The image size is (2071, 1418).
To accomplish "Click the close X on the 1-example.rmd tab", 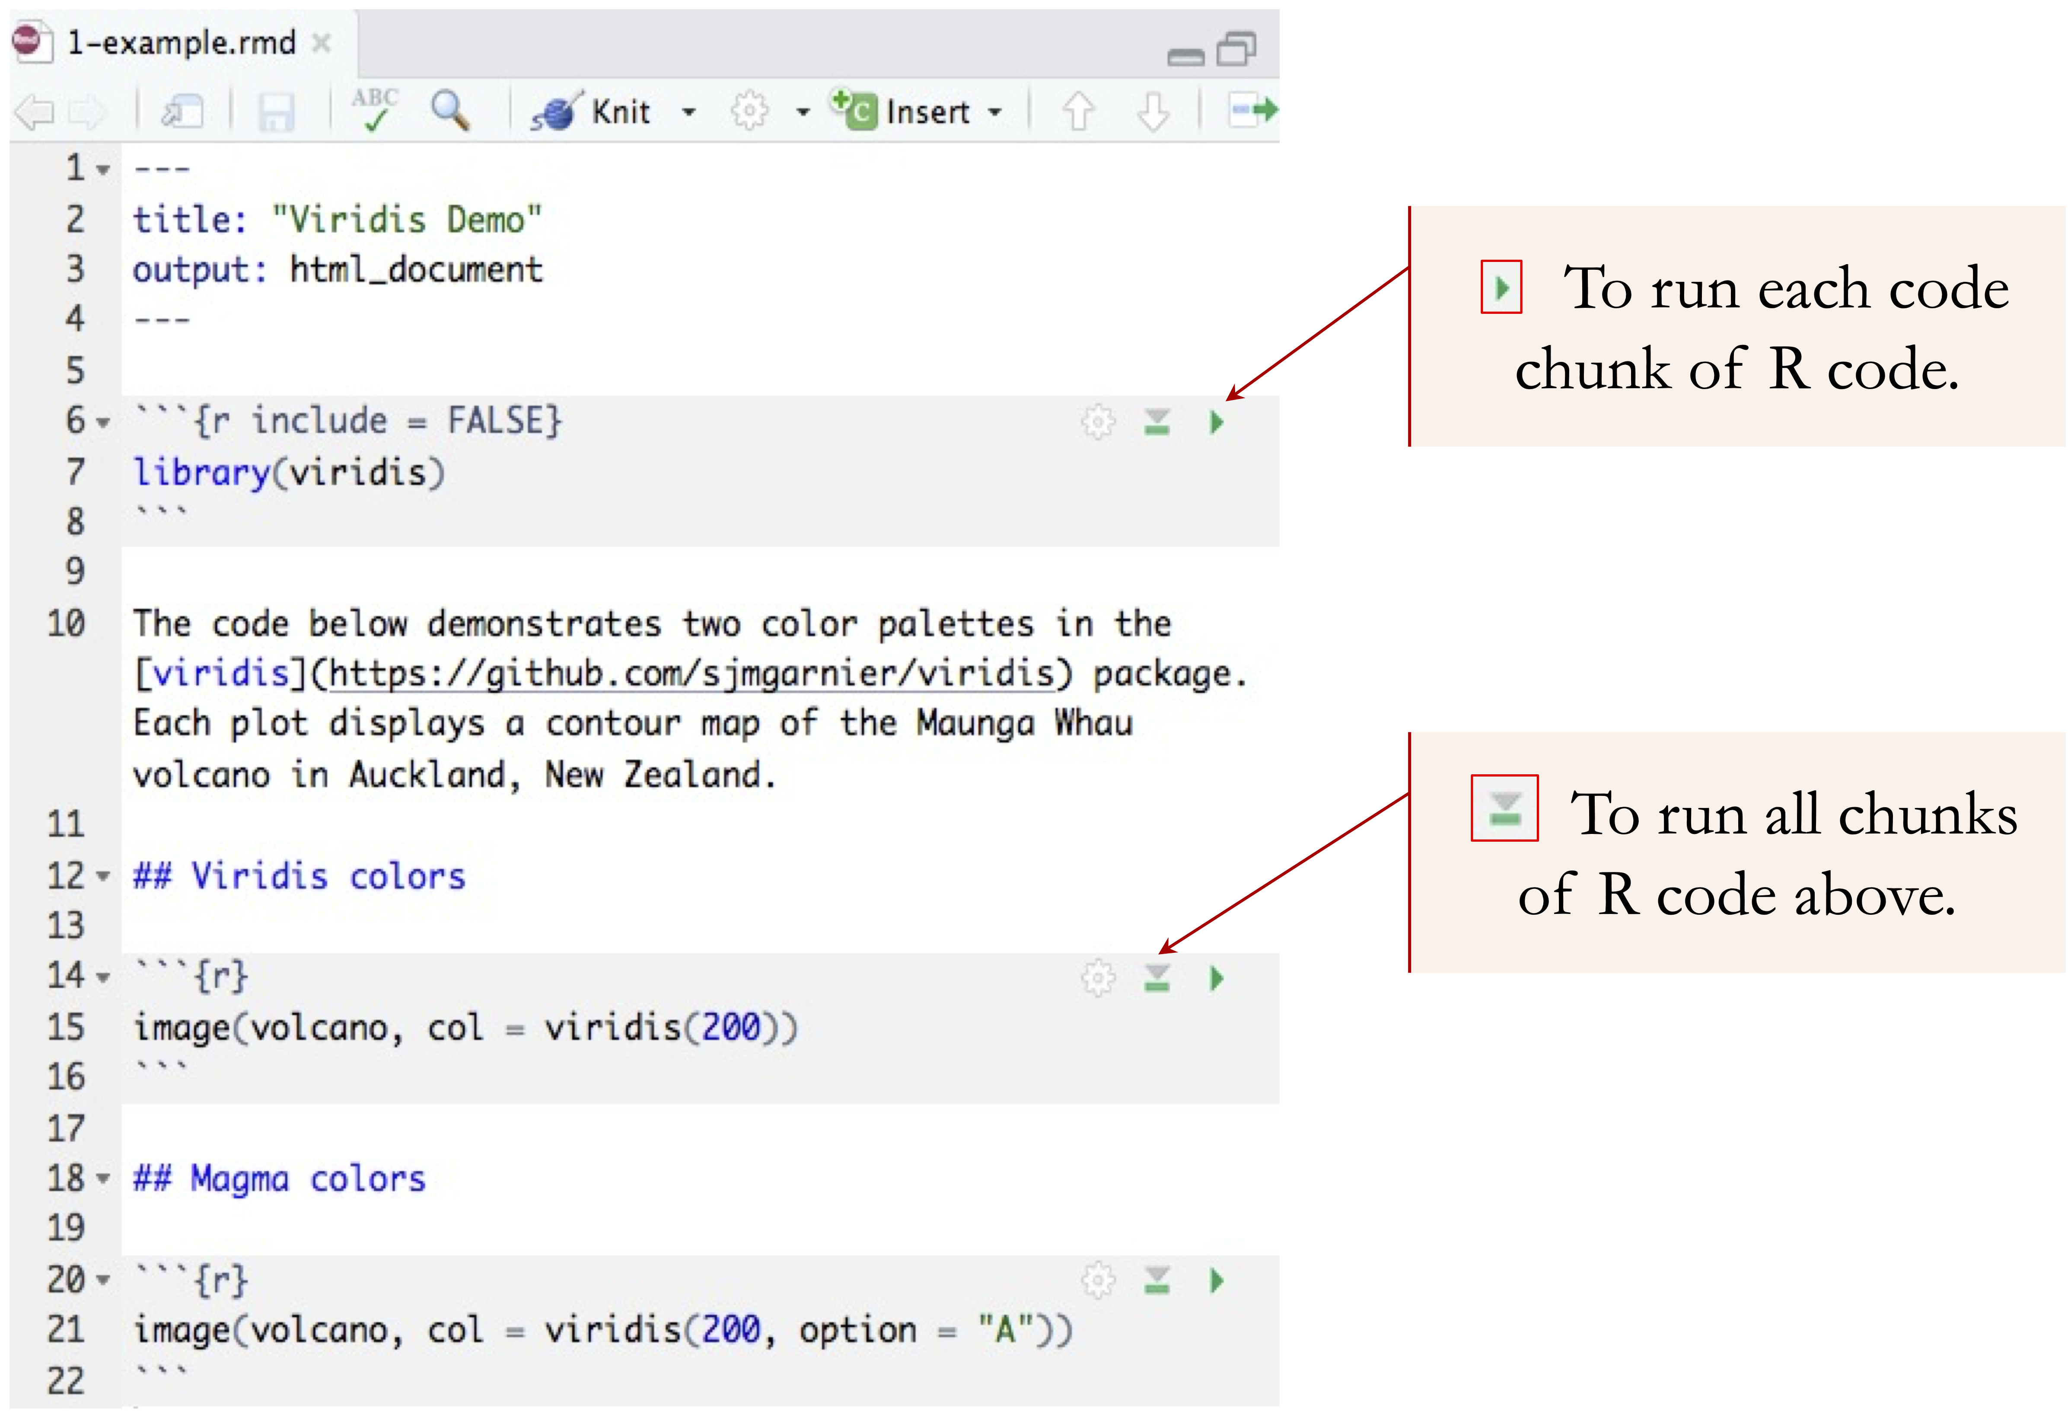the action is (x=322, y=43).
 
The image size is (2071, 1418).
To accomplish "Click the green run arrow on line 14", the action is (x=1217, y=979).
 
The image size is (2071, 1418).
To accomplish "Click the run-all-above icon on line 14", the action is (x=1157, y=979).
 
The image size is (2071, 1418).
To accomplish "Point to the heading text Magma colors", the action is (x=307, y=1179).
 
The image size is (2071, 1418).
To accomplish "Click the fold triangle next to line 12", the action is (x=103, y=877).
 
